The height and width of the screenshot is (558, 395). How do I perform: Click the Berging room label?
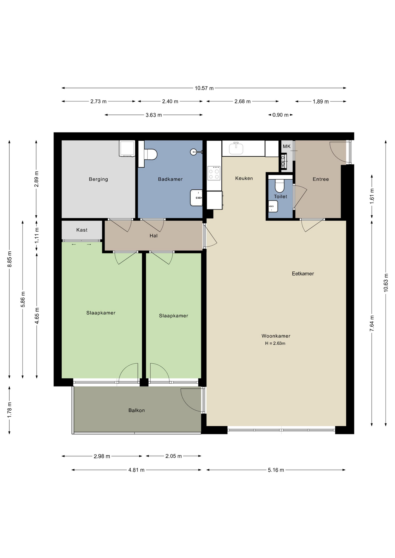tap(98, 179)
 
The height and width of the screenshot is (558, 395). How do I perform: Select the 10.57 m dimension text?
tap(204, 88)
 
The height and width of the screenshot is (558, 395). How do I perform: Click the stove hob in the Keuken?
tap(214, 173)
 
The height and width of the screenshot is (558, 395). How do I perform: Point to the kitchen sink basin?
tap(236, 149)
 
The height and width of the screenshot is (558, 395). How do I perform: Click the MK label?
tap(287, 146)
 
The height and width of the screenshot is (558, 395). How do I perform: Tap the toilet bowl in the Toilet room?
tap(280, 186)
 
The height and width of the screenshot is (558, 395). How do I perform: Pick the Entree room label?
tap(321, 179)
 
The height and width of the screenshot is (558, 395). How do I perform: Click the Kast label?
tap(82, 230)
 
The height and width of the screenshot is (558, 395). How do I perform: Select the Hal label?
tap(154, 236)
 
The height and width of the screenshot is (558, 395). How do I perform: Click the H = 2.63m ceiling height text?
tap(275, 343)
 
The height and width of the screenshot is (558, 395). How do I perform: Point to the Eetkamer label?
tap(303, 273)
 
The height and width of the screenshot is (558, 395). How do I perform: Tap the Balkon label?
tap(137, 410)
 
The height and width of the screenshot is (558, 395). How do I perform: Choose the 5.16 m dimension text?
tap(276, 470)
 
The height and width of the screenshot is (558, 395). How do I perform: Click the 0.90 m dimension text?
tap(280, 115)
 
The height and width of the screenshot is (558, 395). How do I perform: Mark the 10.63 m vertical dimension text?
tap(386, 283)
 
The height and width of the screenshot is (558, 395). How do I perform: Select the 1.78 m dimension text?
tap(10, 410)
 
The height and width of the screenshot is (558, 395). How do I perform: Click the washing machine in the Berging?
tap(127, 149)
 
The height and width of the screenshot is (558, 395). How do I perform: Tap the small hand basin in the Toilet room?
tap(273, 206)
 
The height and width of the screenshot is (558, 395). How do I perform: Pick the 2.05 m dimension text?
tap(174, 456)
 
